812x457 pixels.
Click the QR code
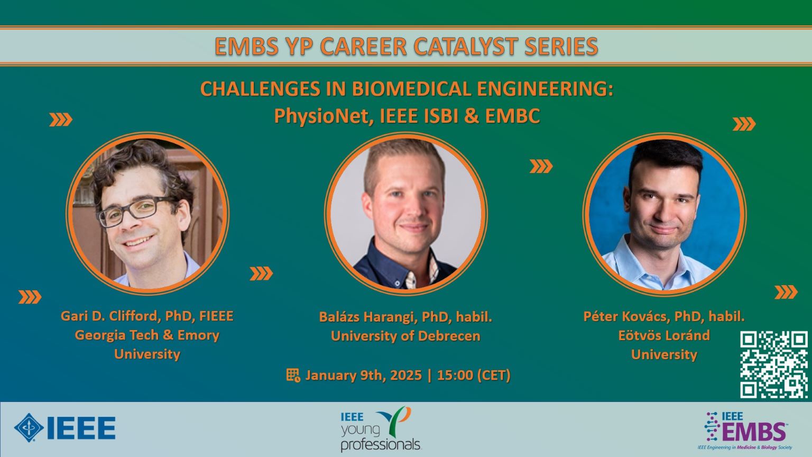(773, 364)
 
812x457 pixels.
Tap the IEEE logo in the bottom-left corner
(65, 427)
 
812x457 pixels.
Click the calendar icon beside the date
(293, 376)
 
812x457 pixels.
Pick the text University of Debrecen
(405, 336)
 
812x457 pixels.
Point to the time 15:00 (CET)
(474, 375)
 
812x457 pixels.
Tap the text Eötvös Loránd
(664, 335)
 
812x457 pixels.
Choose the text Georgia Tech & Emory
(147, 335)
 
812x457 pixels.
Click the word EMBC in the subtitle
(513, 116)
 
